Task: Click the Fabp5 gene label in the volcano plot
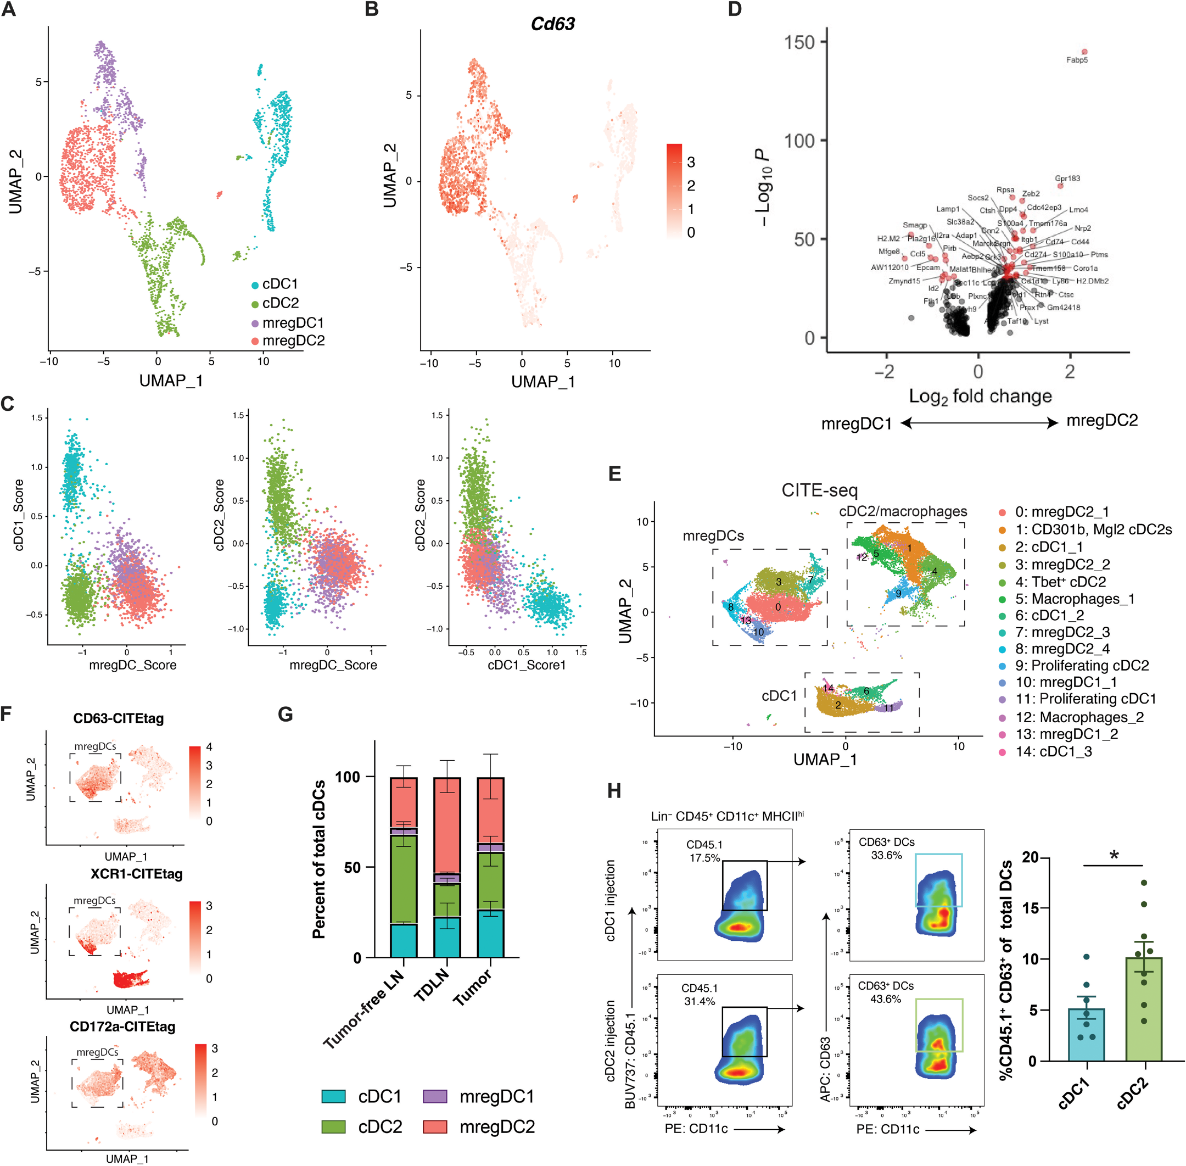pyautogui.click(x=1076, y=60)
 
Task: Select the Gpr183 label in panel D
pyautogui.click(x=1067, y=178)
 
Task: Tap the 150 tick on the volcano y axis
pyautogui.click(x=799, y=42)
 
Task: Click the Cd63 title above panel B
pyautogui.click(x=552, y=24)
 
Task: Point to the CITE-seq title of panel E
pyautogui.click(x=819, y=490)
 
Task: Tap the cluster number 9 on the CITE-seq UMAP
pyautogui.click(x=898, y=593)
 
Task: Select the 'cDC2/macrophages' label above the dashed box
pyautogui.click(x=903, y=511)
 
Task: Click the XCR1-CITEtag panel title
pyautogui.click(x=137, y=874)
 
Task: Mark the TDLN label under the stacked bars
pyautogui.click(x=431, y=985)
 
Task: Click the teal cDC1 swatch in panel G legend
pyautogui.click(x=334, y=1096)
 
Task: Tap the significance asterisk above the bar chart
pyautogui.click(x=1114, y=855)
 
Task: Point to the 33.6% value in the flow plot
pyautogui.click(x=886, y=855)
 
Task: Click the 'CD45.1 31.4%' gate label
pyautogui.click(x=699, y=995)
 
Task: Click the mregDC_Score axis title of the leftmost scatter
pyautogui.click(x=133, y=665)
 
